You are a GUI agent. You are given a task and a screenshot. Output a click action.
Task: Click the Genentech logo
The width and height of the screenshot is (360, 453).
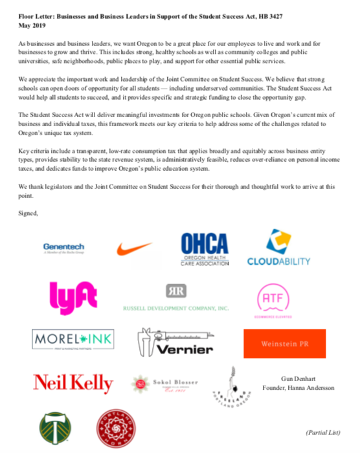[63, 249]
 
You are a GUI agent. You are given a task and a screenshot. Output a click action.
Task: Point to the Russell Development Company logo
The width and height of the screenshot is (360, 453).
[176, 298]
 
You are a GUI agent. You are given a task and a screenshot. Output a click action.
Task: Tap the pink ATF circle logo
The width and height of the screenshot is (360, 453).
[271, 298]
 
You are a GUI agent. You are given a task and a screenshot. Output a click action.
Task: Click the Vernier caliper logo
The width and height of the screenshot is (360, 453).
[176, 341]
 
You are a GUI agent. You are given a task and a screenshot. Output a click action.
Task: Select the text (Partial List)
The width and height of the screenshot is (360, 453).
[322, 432]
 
